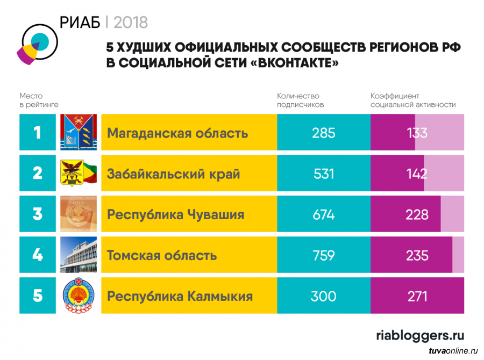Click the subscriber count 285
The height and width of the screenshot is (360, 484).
click(x=323, y=133)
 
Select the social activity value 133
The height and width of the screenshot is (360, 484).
click(x=417, y=133)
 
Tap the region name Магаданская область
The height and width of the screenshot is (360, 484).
click(x=177, y=133)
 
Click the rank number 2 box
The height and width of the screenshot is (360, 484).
click(x=37, y=173)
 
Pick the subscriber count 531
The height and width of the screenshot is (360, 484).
click(x=323, y=174)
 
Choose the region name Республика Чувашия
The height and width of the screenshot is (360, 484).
click(x=175, y=214)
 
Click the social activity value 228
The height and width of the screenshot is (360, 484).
click(x=417, y=214)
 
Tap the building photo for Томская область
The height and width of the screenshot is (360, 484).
click(x=79, y=255)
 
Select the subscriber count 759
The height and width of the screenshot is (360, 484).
click(x=323, y=255)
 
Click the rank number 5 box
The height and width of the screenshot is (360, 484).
click(x=37, y=296)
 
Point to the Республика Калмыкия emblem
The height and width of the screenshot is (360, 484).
click(x=79, y=296)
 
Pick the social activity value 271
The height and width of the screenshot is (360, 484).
click(x=417, y=296)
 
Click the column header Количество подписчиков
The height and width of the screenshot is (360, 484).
click(x=300, y=100)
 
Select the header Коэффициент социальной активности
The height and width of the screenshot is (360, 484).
click(x=412, y=100)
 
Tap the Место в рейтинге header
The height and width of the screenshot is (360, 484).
click(x=39, y=100)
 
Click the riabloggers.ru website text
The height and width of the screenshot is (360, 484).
click(x=419, y=335)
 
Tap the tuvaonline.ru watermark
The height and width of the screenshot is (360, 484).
click(x=453, y=351)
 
